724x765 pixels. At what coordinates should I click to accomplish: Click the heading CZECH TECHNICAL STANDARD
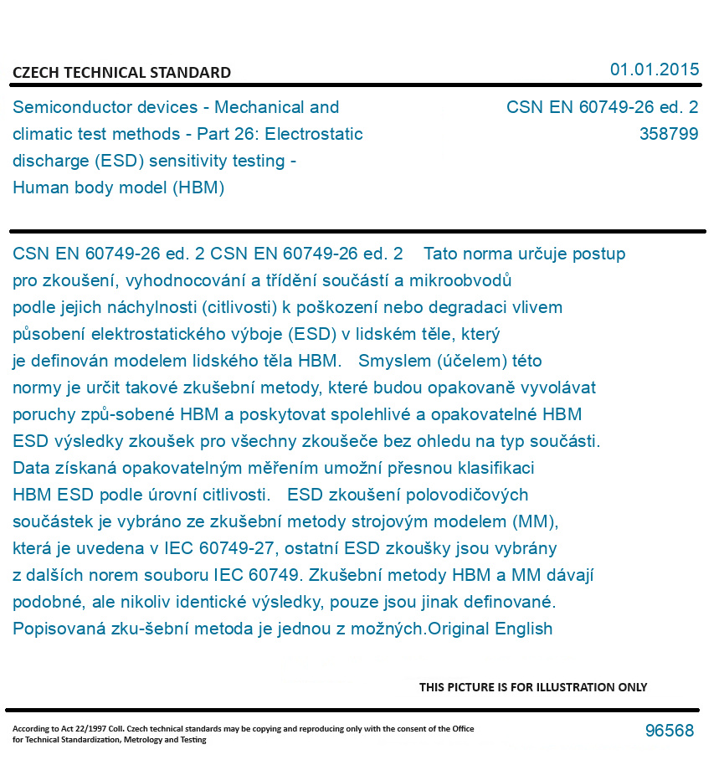[x=121, y=73]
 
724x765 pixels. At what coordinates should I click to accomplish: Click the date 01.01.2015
[x=654, y=69]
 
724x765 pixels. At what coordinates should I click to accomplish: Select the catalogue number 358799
[x=668, y=134]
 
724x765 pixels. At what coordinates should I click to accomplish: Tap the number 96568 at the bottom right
[x=669, y=731]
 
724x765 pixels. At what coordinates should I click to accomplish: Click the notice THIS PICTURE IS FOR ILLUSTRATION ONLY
[x=533, y=687]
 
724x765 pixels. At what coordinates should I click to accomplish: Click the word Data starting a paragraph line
[x=31, y=468]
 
